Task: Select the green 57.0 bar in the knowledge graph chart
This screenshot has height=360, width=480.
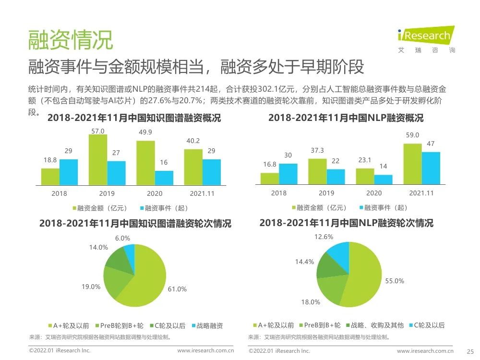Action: [x=98, y=160]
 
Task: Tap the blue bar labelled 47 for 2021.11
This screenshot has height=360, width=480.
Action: [x=431, y=168]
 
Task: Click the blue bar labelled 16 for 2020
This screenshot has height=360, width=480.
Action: [x=164, y=178]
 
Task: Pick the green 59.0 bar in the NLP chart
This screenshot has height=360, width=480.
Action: [x=412, y=164]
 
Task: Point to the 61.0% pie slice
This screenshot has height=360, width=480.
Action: [x=144, y=278]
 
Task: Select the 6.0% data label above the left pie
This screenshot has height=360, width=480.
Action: [x=122, y=238]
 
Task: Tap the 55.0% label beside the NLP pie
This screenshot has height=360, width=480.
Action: [x=395, y=281]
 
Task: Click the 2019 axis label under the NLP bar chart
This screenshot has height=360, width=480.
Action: [x=326, y=193]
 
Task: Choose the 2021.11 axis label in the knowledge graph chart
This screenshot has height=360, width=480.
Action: [x=202, y=193]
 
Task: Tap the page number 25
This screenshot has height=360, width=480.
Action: [x=470, y=351]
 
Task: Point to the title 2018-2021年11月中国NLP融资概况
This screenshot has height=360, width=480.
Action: [x=346, y=118]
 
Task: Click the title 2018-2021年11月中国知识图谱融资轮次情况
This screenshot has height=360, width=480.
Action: [x=135, y=224]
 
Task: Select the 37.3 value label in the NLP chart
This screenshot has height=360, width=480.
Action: [x=317, y=150]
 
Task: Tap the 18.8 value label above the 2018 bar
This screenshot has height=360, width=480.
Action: [x=50, y=160]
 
